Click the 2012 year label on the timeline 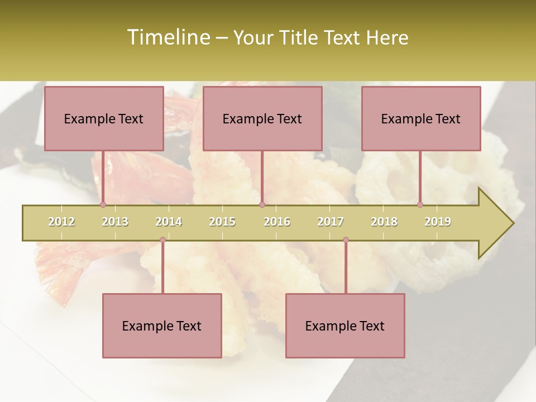pos(61,222)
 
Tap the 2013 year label pos(115,222)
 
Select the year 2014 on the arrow pos(169,222)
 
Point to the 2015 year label pos(222,222)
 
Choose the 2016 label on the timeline pos(277,222)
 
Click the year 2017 pos(331,222)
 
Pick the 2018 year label pos(384,222)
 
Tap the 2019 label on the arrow pos(438,222)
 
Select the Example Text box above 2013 pos(104,118)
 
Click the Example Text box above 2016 pos(262,118)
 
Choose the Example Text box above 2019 pos(421,118)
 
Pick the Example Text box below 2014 pos(162,326)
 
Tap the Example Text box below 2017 pos(345,326)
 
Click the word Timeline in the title pos(167,37)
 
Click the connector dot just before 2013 pos(103,204)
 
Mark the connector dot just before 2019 pos(420,204)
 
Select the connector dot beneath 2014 pos(162,240)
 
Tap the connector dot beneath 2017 pos(346,240)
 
